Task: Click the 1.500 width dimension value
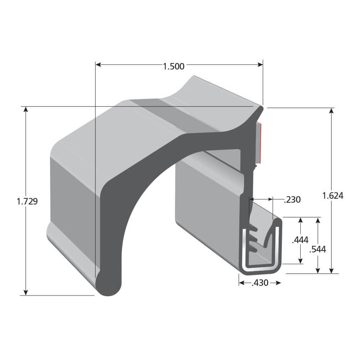tap(174, 66)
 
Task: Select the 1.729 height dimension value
tap(27, 202)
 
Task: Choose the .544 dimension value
tap(318, 249)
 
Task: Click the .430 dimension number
tap(260, 283)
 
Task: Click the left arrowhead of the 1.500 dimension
tap(98, 65)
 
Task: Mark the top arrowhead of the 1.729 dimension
tap(26, 109)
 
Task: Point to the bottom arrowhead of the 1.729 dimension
tap(26, 292)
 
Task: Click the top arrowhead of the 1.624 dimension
tap(332, 111)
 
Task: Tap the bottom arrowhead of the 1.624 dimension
tap(332, 271)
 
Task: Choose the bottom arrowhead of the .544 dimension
tap(318, 271)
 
